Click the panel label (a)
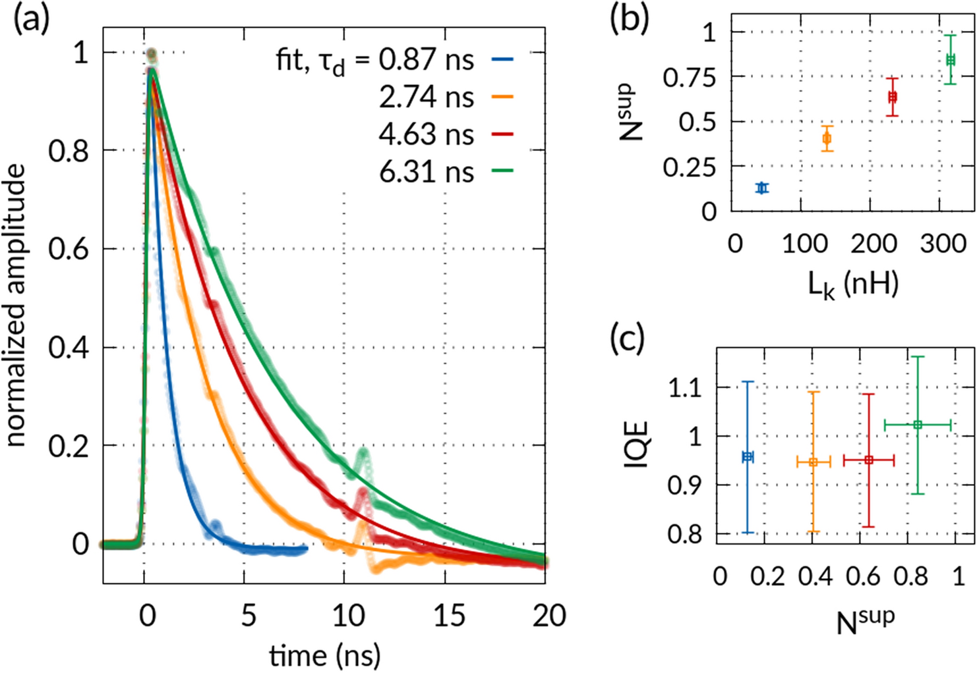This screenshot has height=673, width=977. tap(31, 20)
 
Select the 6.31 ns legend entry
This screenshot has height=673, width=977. tap(426, 172)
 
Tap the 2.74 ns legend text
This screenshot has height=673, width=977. tap(426, 97)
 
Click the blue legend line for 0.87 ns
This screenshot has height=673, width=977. tap(502, 60)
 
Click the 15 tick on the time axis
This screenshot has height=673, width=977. tap(448, 616)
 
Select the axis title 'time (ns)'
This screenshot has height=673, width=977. tap(324, 655)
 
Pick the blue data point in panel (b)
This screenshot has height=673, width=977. tap(763, 188)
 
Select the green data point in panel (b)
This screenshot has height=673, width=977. tap(950, 60)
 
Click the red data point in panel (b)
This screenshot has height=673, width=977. tap(893, 97)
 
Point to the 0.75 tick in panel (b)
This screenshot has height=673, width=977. tap(689, 78)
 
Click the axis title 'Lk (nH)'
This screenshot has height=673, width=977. tap(853, 284)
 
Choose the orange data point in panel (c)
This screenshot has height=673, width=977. tap(814, 462)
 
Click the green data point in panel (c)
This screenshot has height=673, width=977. tap(918, 425)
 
